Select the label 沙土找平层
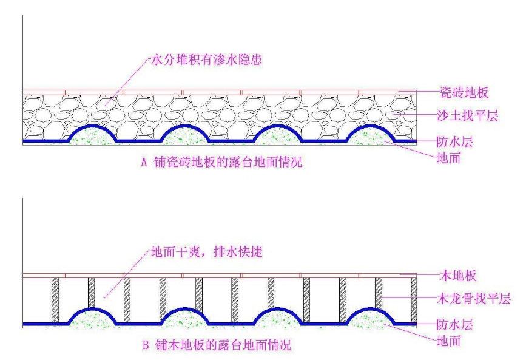[467, 115]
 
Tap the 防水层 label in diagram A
[454, 143]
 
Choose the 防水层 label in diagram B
[454, 324]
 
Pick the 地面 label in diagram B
[451, 341]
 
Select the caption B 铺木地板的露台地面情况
[217, 346]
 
